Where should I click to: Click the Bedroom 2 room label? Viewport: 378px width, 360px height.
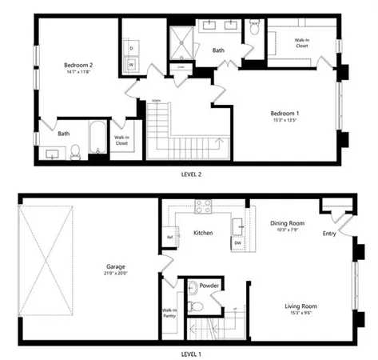[x=80, y=65]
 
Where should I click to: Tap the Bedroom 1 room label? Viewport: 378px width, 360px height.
[x=284, y=114]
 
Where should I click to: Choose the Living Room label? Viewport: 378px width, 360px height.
[x=300, y=306]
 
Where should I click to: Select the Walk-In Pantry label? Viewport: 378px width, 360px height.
[x=169, y=314]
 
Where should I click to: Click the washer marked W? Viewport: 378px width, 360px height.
[x=132, y=65]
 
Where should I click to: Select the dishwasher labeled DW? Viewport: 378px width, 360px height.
[x=237, y=242]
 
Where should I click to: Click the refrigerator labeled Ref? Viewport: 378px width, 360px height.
[x=169, y=238]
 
